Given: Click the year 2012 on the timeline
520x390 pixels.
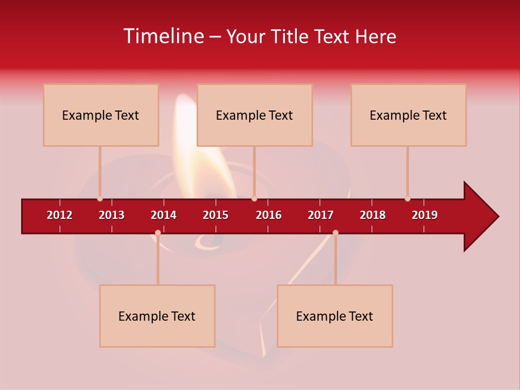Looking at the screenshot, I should pyautogui.click(x=60, y=215).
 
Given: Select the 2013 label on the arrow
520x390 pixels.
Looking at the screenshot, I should pyautogui.click(x=112, y=215).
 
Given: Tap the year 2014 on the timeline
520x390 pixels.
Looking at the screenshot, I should pyautogui.click(x=164, y=215).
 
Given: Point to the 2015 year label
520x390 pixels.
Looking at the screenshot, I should pyautogui.click(x=216, y=215).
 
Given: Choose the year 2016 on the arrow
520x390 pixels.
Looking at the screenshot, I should pyautogui.click(x=269, y=215).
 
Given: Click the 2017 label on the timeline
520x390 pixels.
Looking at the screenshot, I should pyautogui.click(x=321, y=215).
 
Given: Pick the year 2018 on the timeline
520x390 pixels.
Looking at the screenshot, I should pyautogui.click(x=373, y=215).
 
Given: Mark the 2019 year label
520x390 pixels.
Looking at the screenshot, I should pyautogui.click(x=425, y=215).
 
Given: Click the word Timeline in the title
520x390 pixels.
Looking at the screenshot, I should pyautogui.click(x=162, y=36).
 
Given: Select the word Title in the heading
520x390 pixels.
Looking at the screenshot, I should pyautogui.click(x=291, y=36).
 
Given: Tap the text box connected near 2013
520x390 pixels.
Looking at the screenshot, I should pyautogui.click(x=101, y=115).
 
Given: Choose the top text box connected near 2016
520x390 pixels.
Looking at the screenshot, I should pyautogui.click(x=255, y=115).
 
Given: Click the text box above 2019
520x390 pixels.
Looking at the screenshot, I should pyautogui.click(x=408, y=115).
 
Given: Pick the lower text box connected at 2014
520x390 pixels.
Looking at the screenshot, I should pyautogui.click(x=157, y=316).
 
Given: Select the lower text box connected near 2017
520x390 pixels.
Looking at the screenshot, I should pyautogui.click(x=335, y=316).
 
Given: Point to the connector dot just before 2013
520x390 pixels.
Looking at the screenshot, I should pyautogui.click(x=100, y=199).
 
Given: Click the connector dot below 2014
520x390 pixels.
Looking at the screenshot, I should pyautogui.click(x=158, y=232).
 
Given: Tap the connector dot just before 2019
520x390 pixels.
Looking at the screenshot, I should pyautogui.click(x=407, y=199).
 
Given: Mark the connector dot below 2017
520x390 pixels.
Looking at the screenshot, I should pyautogui.click(x=335, y=232).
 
